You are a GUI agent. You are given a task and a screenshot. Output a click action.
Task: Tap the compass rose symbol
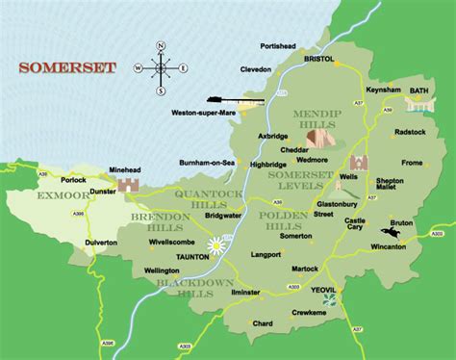[x=161, y=67]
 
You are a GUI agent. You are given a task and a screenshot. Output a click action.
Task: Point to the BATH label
[x=419, y=90]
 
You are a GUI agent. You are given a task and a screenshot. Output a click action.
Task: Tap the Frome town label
[x=412, y=164]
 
